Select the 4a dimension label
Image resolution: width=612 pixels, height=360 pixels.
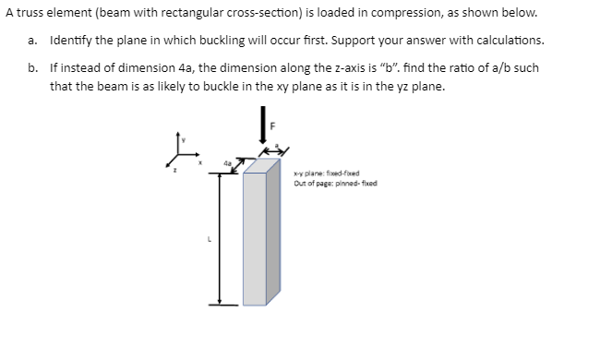pyautogui.click(x=226, y=164)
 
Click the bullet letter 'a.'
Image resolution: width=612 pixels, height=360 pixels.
pyautogui.click(x=33, y=42)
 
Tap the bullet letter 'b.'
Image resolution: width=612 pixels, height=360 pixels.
pyautogui.click(x=33, y=68)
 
